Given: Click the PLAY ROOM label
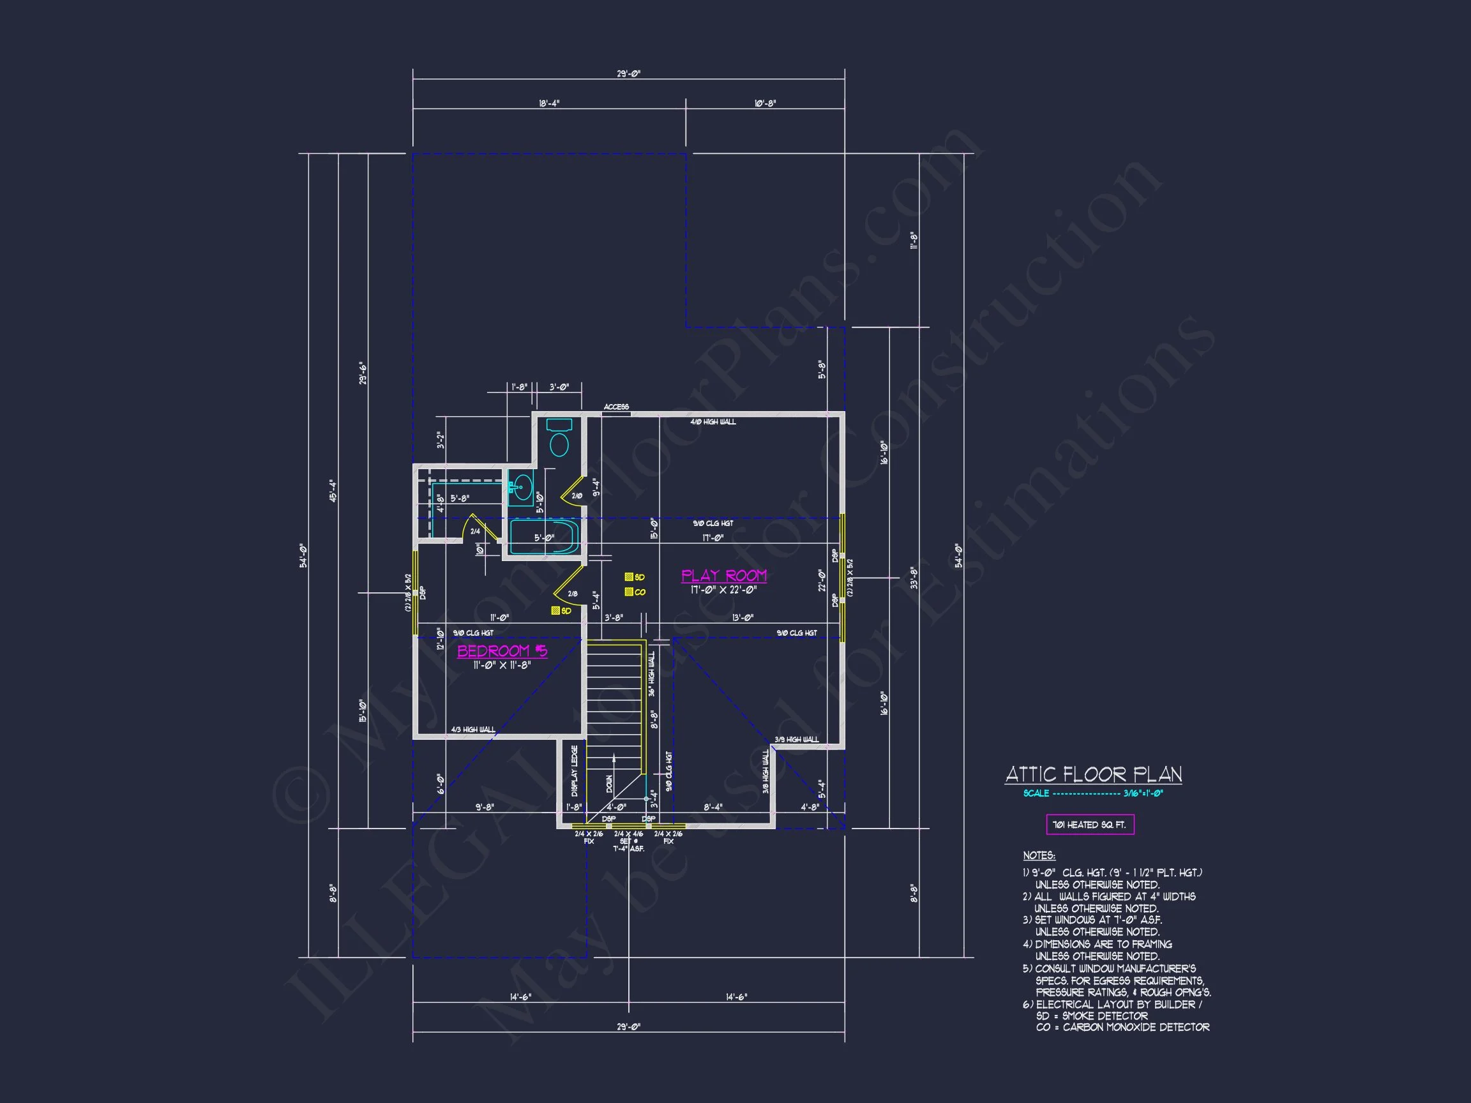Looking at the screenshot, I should pyautogui.click(x=723, y=576).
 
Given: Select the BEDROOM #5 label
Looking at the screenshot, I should pyautogui.click(x=502, y=651).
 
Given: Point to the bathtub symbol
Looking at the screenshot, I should pyautogui.click(x=543, y=537).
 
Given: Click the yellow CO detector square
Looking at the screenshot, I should pyautogui.click(x=628, y=592).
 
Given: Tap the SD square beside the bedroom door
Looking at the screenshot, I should pyautogui.click(x=555, y=610).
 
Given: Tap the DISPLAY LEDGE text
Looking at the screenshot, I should pyautogui.click(x=575, y=771).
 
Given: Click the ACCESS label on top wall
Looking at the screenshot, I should pyautogui.click(x=616, y=407).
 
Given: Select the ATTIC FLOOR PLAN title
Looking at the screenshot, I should pyautogui.click(x=1093, y=774).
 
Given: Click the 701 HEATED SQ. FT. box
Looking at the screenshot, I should pyautogui.click(x=1090, y=825).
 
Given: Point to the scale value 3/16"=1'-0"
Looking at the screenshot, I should pyautogui.click(x=1142, y=793).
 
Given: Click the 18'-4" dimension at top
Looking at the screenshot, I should pyautogui.click(x=548, y=103).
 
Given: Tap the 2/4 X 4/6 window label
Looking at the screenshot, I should pyautogui.click(x=628, y=834).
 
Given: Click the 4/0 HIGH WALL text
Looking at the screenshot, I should pyautogui.click(x=713, y=421).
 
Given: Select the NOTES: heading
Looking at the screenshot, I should pyautogui.click(x=1039, y=856).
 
